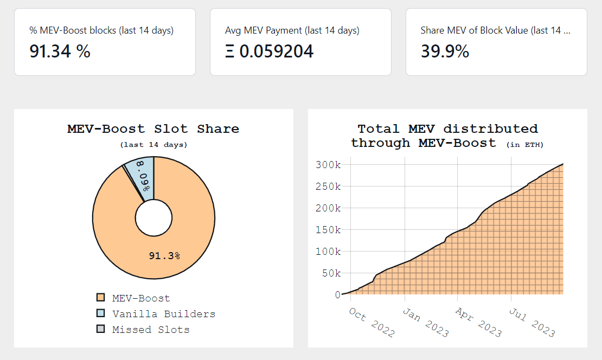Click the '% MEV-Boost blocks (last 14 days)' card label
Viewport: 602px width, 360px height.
coord(101,30)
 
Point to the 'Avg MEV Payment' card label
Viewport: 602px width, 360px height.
coord(292,30)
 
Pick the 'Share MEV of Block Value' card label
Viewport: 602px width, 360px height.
coord(495,30)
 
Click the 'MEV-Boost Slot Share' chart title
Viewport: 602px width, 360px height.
coord(153,129)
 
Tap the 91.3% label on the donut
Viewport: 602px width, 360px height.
coord(164,255)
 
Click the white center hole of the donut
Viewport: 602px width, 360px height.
coord(153,218)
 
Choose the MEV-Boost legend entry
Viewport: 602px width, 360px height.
coord(140,298)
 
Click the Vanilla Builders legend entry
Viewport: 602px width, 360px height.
coord(163,314)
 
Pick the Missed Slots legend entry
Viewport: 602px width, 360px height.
coord(150,330)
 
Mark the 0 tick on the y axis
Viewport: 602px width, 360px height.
coord(337,294)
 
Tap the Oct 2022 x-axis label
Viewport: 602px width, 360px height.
coord(372,323)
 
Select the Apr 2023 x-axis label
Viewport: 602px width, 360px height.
coord(478,323)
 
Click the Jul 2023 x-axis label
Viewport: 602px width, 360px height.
coord(531,323)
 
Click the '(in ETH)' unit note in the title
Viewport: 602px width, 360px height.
coord(524,145)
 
